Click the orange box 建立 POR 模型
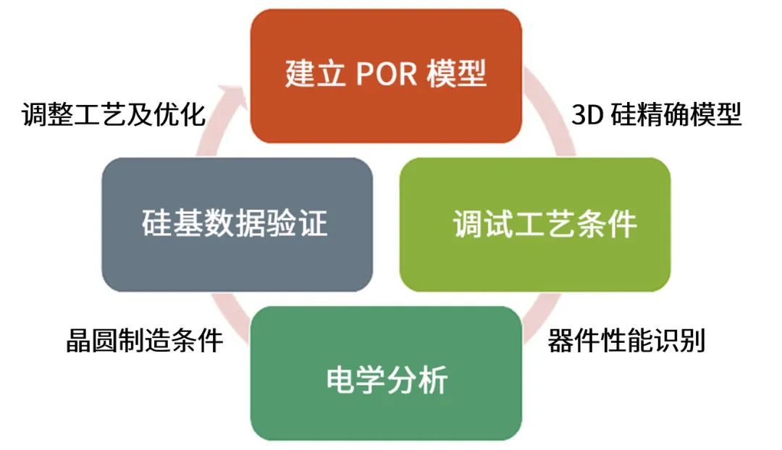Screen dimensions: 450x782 386,76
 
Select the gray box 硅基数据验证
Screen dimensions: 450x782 237,225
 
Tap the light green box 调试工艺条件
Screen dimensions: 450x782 535,225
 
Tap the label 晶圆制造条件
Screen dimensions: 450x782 144,339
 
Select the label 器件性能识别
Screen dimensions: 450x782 626,339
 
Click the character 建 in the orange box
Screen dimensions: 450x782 299,75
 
